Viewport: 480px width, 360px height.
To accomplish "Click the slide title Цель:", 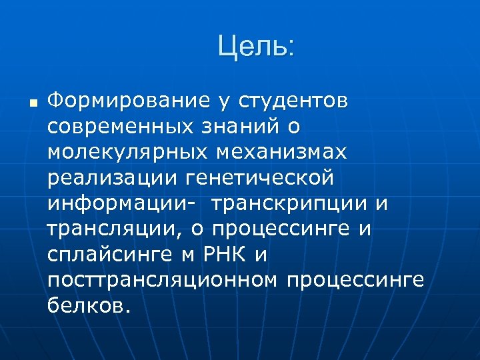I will tap(256, 47).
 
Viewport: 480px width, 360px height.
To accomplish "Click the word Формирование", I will tap(129, 101).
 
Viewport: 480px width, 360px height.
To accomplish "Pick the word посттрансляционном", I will tap(162, 281).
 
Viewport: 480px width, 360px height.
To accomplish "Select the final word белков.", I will tap(90, 306).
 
